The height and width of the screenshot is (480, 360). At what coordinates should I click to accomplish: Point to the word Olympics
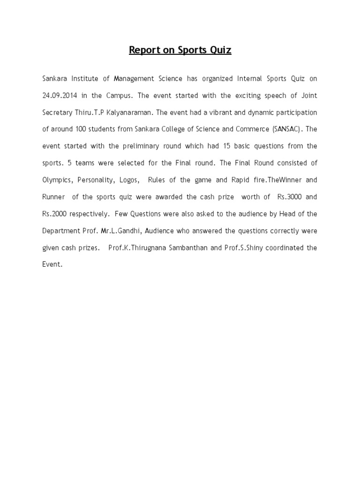tap(58, 180)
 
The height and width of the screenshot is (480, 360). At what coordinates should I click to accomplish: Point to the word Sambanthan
tap(185, 247)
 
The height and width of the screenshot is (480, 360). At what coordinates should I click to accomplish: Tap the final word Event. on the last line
tap(52, 264)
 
